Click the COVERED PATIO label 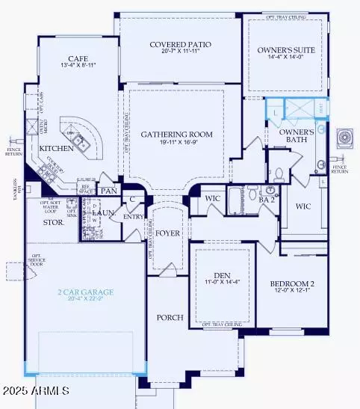click(180, 45)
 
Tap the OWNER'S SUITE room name click(287, 50)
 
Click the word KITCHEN click(57, 148)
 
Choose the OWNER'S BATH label click(295, 135)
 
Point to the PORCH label click(170, 318)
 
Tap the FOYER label click(168, 233)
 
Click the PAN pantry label click(109, 191)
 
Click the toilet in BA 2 click(276, 176)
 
